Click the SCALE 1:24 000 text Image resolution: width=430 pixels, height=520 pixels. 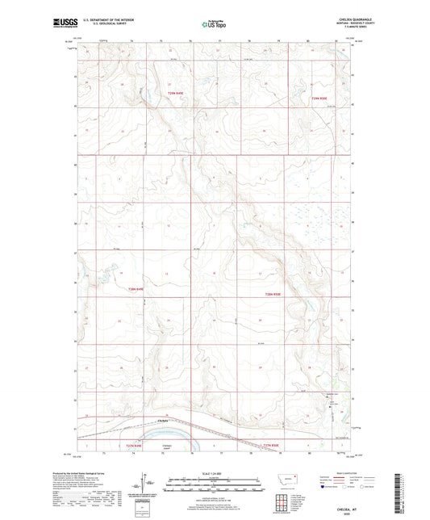pos(202,473)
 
